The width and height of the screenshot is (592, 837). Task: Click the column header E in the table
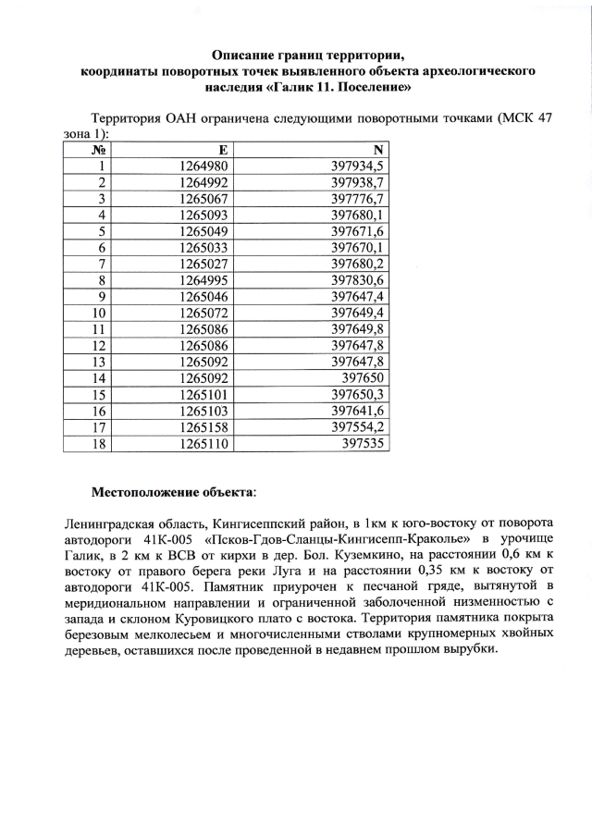click(223, 150)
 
